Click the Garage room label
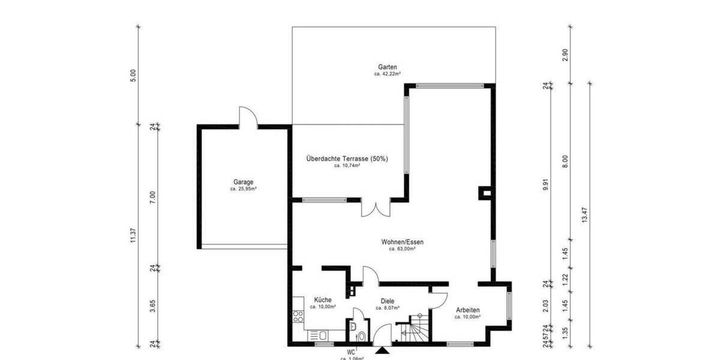pyautogui.click(x=244, y=182)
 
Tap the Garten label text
pyautogui.click(x=388, y=67)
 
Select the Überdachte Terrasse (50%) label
pyautogui.click(x=347, y=159)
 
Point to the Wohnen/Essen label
pyautogui.click(x=402, y=242)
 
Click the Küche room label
pyautogui.click(x=322, y=299)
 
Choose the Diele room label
pyautogui.click(x=387, y=301)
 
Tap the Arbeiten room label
pyautogui.click(x=467, y=310)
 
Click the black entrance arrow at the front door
pyautogui.click(x=382, y=352)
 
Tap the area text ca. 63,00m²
pyautogui.click(x=402, y=248)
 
